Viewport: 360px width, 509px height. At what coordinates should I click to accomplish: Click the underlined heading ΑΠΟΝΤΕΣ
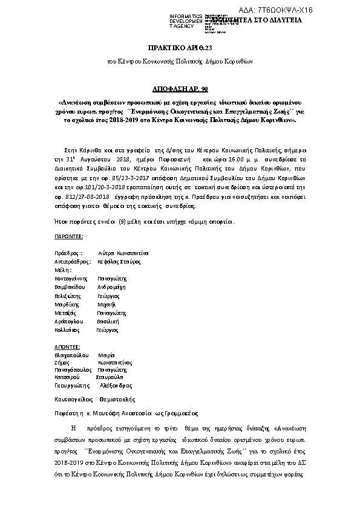click(x=67, y=348)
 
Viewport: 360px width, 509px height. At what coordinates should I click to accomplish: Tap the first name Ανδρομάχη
click(x=111, y=288)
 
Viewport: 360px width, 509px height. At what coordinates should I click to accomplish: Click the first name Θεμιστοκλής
click(x=119, y=399)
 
